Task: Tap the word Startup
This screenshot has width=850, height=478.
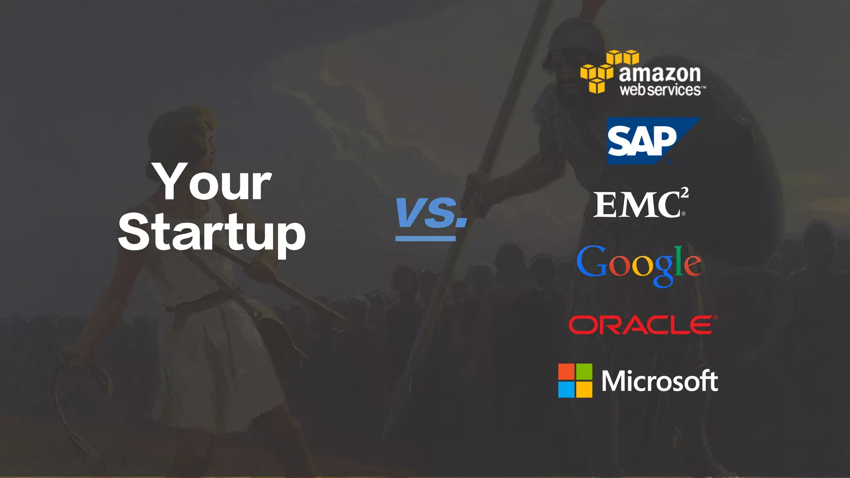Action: [212, 233]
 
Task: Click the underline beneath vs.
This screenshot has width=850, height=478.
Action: [425, 239]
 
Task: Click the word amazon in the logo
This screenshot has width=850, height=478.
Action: [660, 74]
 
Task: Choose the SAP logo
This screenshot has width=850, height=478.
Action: [653, 141]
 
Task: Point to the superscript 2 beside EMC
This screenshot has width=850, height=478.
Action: [684, 192]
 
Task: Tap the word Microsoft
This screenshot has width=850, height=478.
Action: [660, 381]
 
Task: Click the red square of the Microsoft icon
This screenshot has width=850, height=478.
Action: [566, 372]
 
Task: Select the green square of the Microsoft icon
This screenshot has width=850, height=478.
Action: [584, 372]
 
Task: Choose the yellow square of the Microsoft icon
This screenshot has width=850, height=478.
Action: [584, 390]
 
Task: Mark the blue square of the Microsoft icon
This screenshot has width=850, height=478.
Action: [566, 390]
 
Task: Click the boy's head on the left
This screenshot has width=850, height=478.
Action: [183, 137]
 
